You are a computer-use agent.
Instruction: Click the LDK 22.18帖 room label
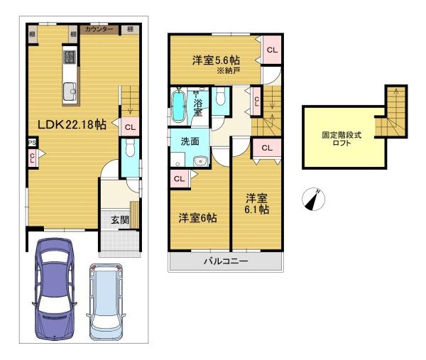tap(72, 125)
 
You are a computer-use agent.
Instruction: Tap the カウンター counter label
tap(99, 29)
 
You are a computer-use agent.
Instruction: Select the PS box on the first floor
tap(33, 143)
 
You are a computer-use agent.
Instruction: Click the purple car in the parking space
tap(55, 289)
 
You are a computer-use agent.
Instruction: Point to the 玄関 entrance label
tap(120, 220)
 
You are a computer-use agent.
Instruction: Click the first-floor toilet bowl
tap(131, 148)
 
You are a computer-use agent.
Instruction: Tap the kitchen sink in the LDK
tap(70, 92)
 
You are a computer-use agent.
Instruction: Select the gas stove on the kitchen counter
tap(70, 57)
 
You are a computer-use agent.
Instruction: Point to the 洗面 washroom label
tap(190, 141)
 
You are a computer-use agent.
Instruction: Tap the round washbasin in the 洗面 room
tap(201, 162)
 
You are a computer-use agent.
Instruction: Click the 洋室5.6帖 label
tap(217, 60)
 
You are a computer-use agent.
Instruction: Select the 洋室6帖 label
tap(197, 218)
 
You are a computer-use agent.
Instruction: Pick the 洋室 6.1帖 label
tap(257, 204)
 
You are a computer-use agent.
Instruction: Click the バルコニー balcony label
tap(226, 261)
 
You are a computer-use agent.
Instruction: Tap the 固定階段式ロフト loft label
tap(342, 138)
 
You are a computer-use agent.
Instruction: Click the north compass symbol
tap(313, 200)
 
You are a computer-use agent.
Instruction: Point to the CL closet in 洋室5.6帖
tap(272, 50)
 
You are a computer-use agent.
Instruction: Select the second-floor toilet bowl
tap(220, 97)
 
